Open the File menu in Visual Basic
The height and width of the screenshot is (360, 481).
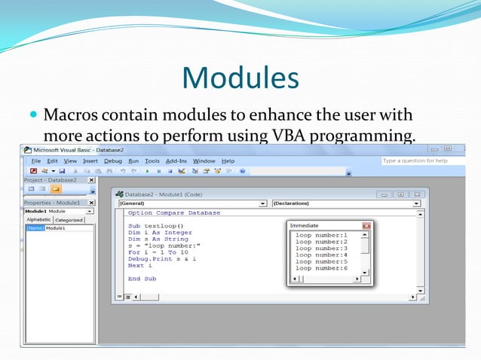point(35,160)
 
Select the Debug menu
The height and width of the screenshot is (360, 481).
point(113,160)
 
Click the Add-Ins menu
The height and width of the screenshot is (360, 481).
point(176,160)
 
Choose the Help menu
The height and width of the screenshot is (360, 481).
point(228,160)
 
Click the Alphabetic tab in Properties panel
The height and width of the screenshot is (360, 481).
point(38,220)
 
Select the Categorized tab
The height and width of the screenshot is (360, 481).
point(69,220)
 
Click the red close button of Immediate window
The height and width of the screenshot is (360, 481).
point(366,225)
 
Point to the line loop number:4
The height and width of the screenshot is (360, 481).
point(321,255)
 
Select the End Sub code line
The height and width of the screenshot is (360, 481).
point(142,278)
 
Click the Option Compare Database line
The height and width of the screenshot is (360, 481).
point(174,212)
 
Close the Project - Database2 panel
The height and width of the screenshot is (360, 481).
point(91,180)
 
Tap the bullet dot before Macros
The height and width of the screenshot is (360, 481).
point(32,117)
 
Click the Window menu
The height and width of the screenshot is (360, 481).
point(204,160)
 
